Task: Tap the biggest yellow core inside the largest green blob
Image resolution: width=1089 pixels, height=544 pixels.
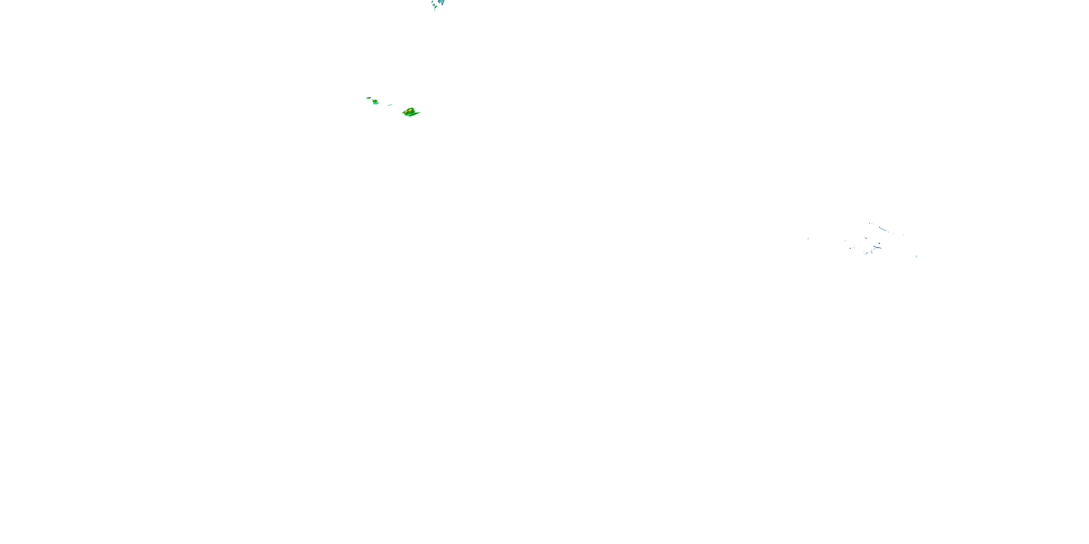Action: pyautogui.click(x=411, y=110)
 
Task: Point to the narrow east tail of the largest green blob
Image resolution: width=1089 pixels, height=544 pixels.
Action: pyautogui.click(x=418, y=113)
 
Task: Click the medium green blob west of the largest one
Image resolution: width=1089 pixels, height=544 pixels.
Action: pyautogui.click(x=375, y=102)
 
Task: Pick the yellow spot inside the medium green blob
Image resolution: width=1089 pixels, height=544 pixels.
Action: pyautogui.click(x=375, y=101)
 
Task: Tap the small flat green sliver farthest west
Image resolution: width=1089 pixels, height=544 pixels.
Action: pyautogui.click(x=369, y=98)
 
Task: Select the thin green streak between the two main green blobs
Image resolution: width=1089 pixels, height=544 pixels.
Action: pyautogui.click(x=390, y=105)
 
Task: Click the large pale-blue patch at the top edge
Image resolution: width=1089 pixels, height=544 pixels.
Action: pyautogui.click(x=442, y=2)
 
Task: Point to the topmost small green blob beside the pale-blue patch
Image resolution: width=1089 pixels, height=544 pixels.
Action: pyautogui.click(x=432, y=2)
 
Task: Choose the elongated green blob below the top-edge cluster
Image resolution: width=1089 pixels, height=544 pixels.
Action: pyautogui.click(x=436, y=7)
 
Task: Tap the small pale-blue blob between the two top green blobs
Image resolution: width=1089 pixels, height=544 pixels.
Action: pyautogui.click(x=434, y=5)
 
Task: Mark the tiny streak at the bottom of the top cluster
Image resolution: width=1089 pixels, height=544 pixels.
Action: pyautogui.click(x=435, y=11)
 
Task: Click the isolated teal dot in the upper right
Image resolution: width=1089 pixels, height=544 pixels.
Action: pyautogui.click(x=841, y=128)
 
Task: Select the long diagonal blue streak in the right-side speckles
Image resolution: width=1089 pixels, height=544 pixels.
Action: pyautogui.click(x=883, y=229)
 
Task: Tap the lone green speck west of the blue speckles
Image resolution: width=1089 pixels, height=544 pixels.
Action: pyautogui.click(x=808, y=239)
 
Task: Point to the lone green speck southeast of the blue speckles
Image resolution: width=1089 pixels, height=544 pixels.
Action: pyautogui.click(x=916, y=256)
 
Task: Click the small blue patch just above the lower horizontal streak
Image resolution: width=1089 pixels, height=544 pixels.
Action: pyautogui.click(x=879, y=243)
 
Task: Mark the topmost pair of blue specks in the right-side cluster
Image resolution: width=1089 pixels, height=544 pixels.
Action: pyautogui.click(x=870, y=223)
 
